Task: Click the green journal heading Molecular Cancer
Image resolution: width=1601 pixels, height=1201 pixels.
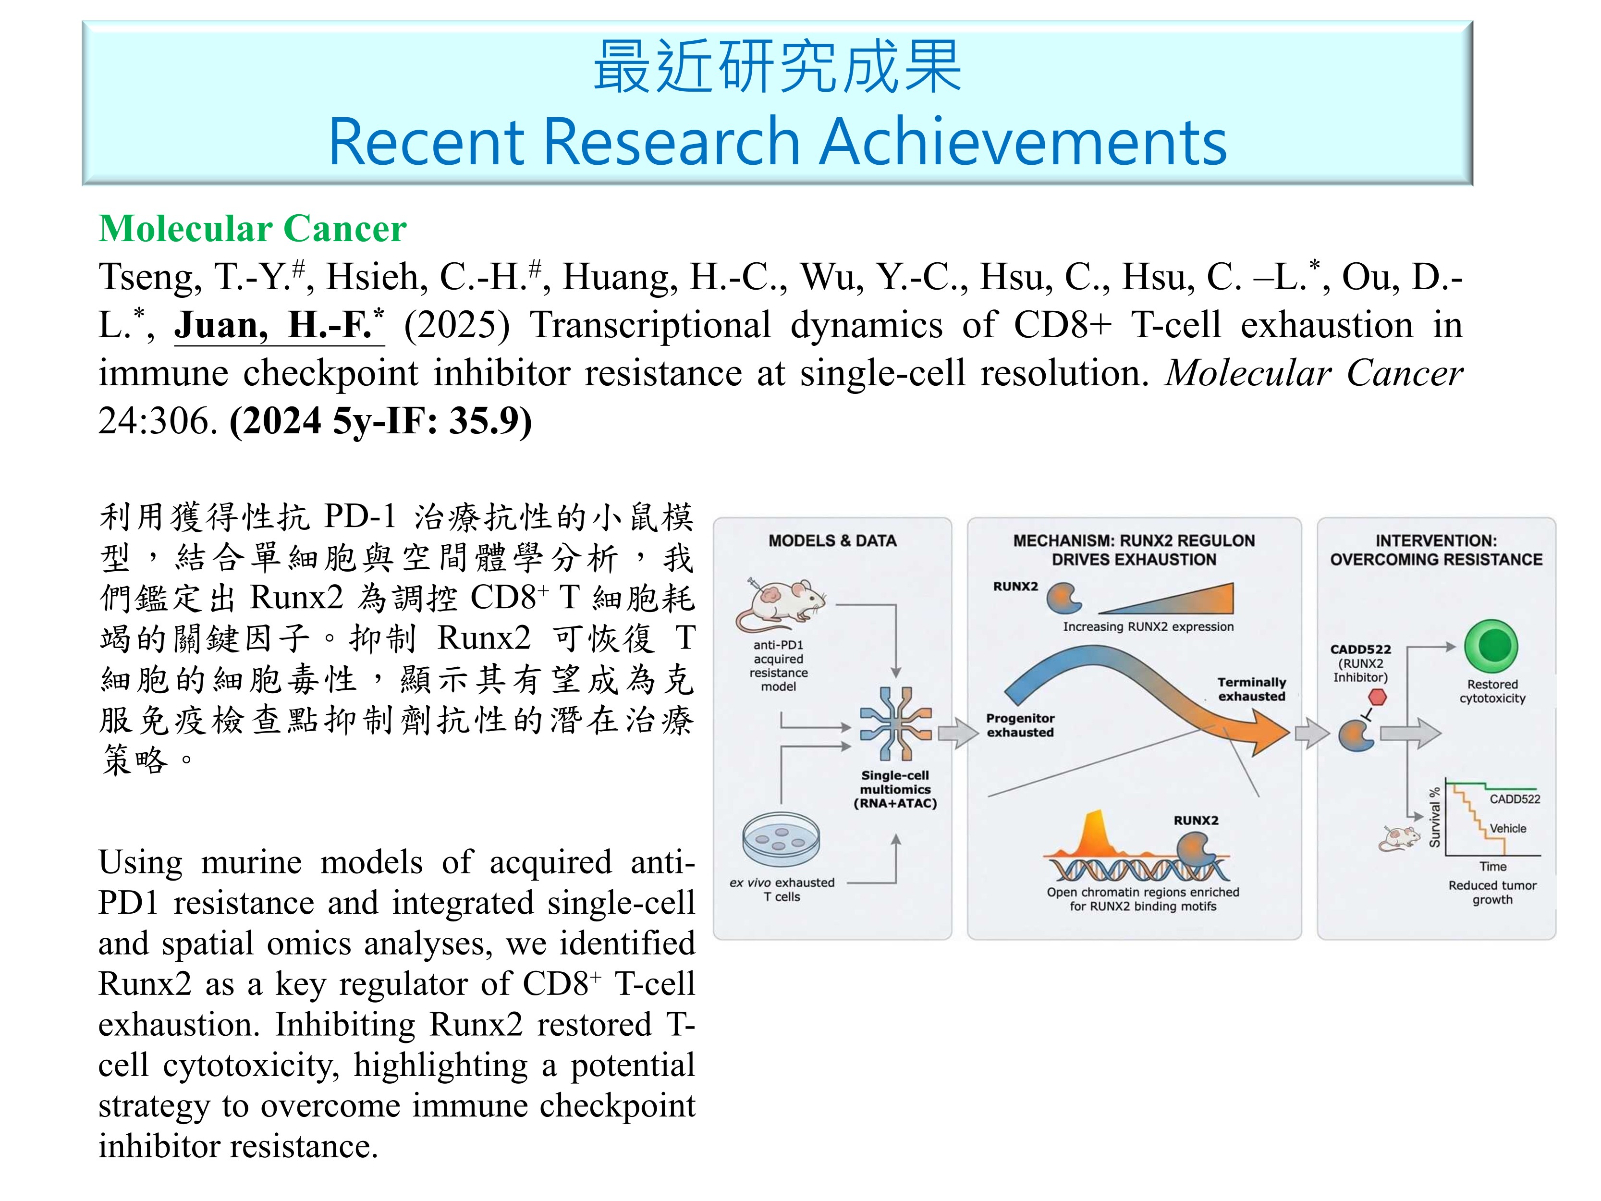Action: (253, 229)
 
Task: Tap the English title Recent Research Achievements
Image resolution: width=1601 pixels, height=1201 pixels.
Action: (777, 141)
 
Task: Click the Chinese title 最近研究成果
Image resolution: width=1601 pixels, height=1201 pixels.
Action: (777, 67)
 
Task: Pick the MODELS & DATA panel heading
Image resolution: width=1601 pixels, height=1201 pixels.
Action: (832, 541)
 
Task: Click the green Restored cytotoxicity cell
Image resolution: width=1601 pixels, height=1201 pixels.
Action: (1491, 646)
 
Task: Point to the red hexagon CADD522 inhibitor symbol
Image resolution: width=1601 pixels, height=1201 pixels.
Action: (1377, 697)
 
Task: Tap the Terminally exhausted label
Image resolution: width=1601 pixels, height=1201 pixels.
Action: (1251, 689)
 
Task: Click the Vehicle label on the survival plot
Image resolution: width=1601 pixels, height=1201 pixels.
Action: (1508, 828)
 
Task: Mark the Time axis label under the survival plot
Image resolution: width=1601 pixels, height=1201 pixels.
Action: (1492, 867)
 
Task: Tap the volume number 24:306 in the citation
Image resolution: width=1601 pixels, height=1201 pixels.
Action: (158, 421)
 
